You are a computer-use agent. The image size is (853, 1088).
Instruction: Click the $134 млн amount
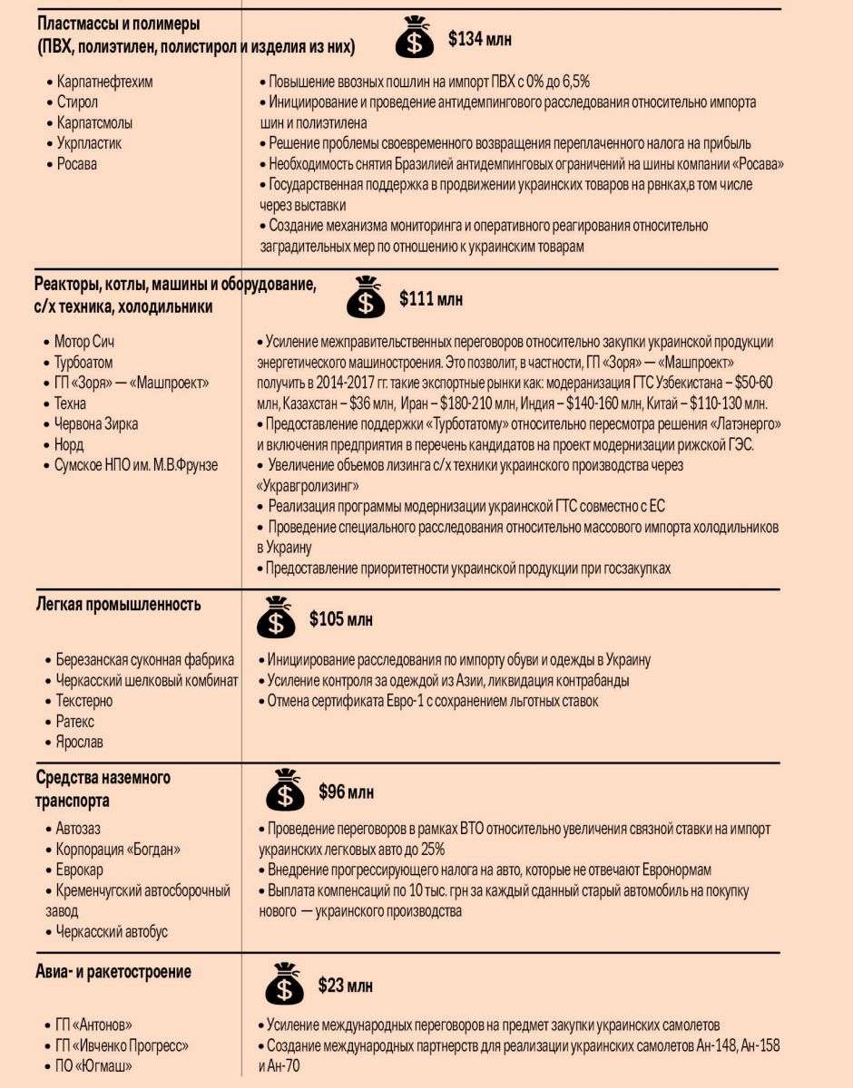point(480,40)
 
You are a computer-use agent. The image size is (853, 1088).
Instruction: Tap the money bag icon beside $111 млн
point(366,296)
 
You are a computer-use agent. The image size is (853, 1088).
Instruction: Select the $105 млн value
point(341,620)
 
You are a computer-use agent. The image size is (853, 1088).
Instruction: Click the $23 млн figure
point(345,986)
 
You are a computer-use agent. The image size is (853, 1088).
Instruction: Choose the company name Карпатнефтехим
point(104,82)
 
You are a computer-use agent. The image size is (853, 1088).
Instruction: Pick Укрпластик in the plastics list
point(89,143)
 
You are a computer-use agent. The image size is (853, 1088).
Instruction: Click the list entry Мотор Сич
point(84,342)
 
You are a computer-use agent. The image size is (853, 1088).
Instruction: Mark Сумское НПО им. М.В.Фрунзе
point(136,466)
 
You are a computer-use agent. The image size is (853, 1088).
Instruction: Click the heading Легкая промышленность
point(119,605)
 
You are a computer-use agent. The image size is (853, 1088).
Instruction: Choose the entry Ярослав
point(80,743)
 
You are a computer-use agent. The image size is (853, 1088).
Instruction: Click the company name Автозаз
point(81,829)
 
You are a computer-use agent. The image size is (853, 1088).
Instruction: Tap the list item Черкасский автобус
point(112,932)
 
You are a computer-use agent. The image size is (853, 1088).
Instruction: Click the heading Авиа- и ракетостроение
point(114,972)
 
